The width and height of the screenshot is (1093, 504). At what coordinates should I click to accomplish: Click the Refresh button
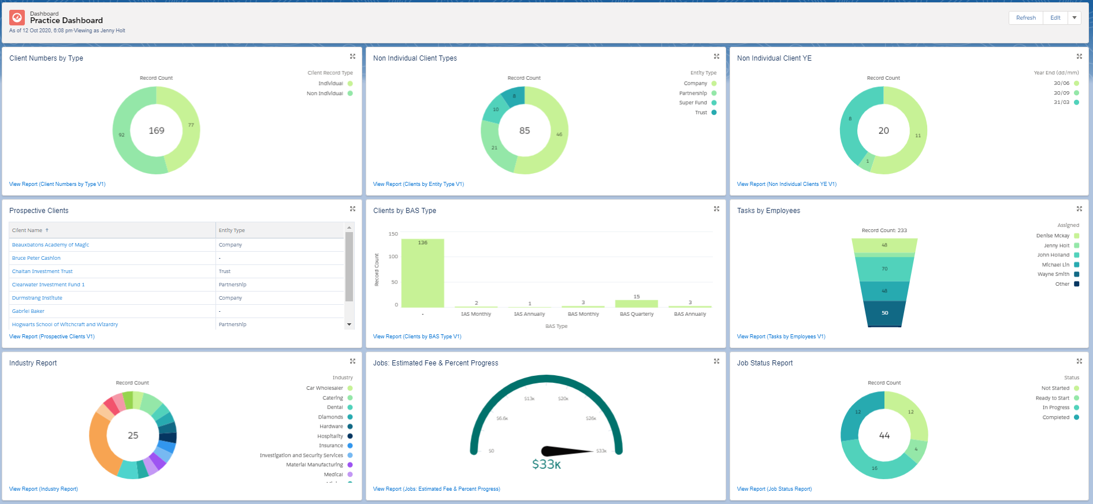point(1025,18)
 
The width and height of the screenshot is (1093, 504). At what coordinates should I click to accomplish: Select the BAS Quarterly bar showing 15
point(636,303)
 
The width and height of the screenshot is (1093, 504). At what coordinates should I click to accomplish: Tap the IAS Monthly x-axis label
point(476,314)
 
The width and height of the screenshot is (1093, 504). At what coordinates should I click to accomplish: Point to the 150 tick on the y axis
point(393,234)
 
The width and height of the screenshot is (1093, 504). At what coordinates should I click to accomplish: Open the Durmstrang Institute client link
point(37,298)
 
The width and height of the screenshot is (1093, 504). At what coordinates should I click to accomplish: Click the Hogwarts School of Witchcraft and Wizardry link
point(65,324)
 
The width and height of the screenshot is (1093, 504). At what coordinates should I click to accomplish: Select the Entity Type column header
point(232,230)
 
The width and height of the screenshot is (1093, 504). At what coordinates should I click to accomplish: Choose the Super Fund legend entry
point(693,103)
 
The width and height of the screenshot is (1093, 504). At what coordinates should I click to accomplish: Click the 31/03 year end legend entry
point(1061,102)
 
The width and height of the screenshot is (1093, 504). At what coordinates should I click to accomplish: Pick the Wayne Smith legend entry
point(1053,274)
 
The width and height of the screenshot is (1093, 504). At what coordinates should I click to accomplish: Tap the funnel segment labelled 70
point(884,269)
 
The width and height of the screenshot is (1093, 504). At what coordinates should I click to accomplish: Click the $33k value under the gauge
point(546,464)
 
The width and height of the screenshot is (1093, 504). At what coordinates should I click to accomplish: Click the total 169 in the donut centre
point(157,130)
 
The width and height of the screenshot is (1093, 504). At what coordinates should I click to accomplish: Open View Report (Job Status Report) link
point(774,489)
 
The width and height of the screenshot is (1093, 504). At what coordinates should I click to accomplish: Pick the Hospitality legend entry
point(330,436)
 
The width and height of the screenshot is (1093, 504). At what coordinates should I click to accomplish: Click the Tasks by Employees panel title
point(768,211)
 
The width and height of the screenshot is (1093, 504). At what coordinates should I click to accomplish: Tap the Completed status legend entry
point(1055,417)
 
